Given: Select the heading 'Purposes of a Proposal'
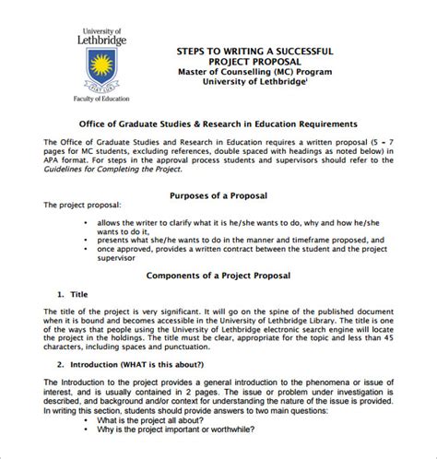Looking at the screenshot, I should point(218,196).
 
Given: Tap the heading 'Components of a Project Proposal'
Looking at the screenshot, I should point(218,276).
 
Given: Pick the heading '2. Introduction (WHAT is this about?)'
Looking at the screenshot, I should point(138,364).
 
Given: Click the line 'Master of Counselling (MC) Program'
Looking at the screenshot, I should point(254,70).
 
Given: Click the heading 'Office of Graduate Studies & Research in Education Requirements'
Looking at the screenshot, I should point(218,123).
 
